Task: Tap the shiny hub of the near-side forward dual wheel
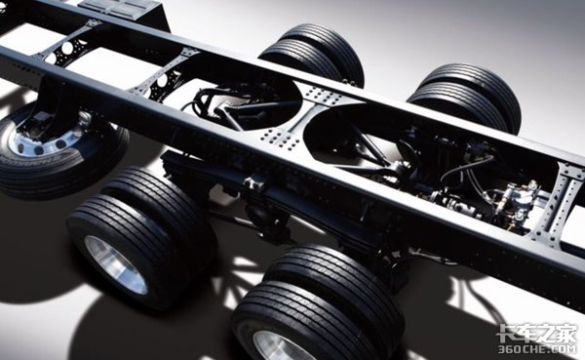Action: point(115,263)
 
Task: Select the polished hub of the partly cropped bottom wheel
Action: point(276,346)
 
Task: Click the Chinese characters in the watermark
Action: point(537,334)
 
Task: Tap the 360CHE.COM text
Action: point(537,349)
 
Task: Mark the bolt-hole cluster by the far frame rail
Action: point(322,95)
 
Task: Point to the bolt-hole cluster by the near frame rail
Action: point(281,139)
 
